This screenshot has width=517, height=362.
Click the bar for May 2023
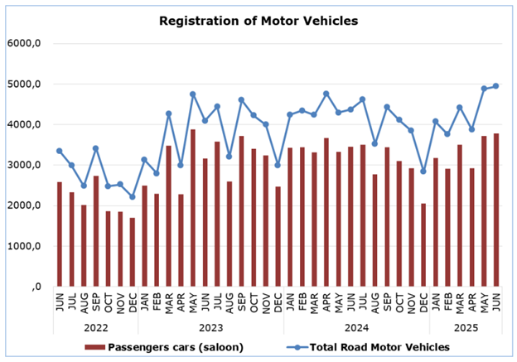point(193,207)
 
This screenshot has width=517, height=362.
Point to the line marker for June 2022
point(59,151)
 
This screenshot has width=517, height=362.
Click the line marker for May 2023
point(193,94)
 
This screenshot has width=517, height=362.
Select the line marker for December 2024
point(424,171)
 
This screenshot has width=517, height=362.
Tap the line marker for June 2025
point(497,86)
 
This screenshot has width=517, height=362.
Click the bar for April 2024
point(326,212)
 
